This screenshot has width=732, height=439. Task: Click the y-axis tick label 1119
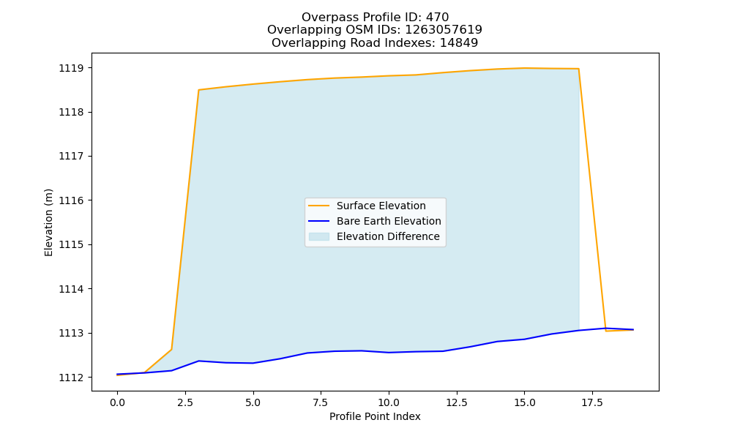[x=72, y=68]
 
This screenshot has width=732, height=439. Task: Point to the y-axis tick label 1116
[x=72, y=200]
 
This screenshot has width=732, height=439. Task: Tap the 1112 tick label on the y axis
[x=72, y=378]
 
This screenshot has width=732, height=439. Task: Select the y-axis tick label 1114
[x=72, y=289]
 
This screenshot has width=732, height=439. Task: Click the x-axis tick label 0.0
[x=117, y=402]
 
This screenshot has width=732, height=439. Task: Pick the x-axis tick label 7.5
[x=321, y=402]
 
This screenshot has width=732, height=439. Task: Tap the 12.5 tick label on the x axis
[x=457, y=402]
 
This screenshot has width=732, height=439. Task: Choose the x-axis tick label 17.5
[x=592, y=402]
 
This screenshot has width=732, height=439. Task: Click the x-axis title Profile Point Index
[x=375, y=416]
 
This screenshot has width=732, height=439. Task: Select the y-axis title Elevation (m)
[x=48, y=222]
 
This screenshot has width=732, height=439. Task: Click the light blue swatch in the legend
[x=319, y=236]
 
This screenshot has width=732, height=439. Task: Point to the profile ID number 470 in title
[x=438, y=18]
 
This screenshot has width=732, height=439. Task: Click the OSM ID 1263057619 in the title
[x=444, y=30]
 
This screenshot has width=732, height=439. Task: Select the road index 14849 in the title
[x=459, y=43]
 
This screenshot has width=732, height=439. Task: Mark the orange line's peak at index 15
[x=524, y=68]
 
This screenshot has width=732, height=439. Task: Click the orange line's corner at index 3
[x=199, y=90]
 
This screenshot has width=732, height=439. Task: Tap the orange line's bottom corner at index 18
[x=606, y=331]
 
